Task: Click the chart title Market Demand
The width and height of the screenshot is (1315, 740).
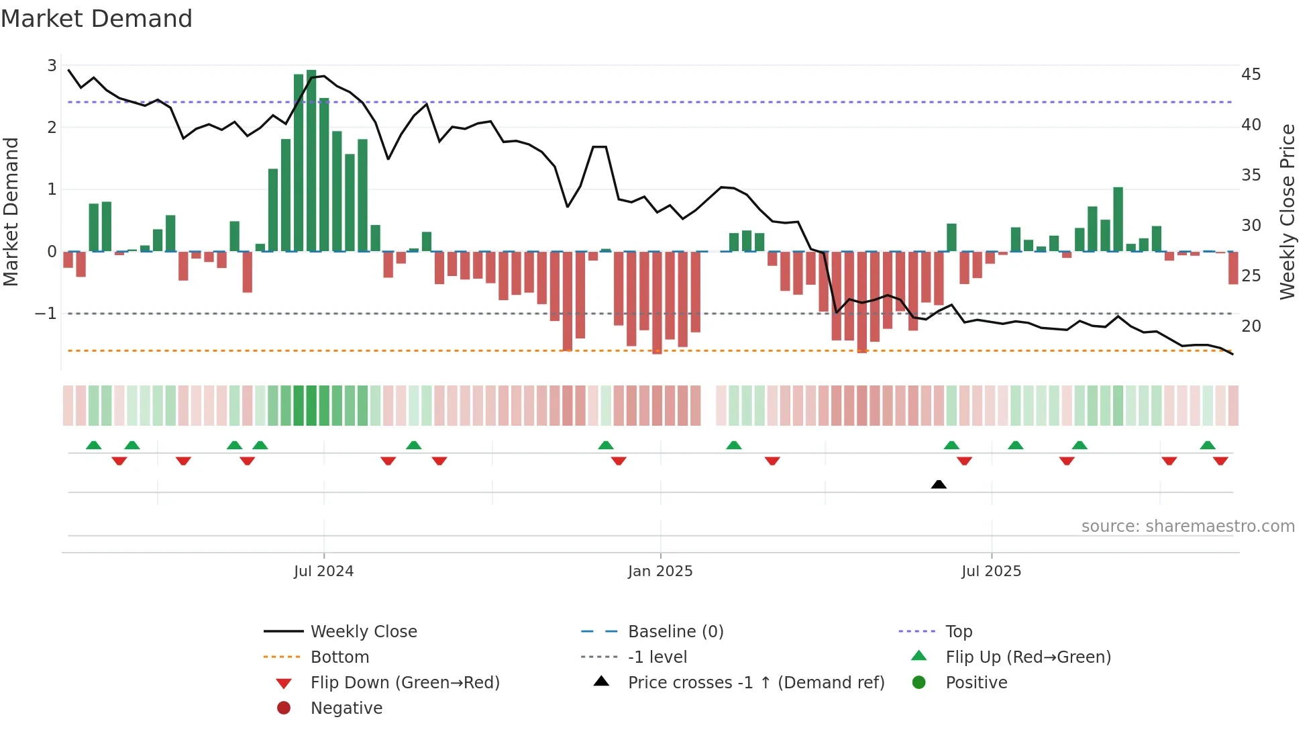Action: tap(97, 19)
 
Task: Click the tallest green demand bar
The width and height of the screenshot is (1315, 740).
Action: tap(311, 161)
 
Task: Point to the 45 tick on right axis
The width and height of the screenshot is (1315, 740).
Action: tap(1251, 75)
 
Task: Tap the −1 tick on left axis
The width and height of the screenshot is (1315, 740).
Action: tap(46, 314)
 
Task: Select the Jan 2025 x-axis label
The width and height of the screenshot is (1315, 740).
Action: tap(660, 571)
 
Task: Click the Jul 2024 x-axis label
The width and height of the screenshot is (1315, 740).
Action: tap(323, 571)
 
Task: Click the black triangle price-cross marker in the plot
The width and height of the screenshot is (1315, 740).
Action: tap(939, 485)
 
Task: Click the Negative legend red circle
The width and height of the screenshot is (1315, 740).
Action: tap(284, 708)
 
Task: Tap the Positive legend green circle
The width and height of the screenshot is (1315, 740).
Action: tap(919, 683)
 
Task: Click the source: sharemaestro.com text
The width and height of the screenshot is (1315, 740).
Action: tap(1188, 526)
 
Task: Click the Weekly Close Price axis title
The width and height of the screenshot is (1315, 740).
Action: tap(1287, 212)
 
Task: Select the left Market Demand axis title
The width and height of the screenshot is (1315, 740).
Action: tap(11, 212)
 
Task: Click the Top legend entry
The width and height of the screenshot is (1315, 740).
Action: tap(958, 632)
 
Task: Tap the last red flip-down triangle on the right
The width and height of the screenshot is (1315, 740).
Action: tap(1220, 461)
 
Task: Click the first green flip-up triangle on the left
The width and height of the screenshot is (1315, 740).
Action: tap(94, 445)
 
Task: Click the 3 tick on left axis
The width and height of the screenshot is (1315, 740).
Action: tap(52, 66)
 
